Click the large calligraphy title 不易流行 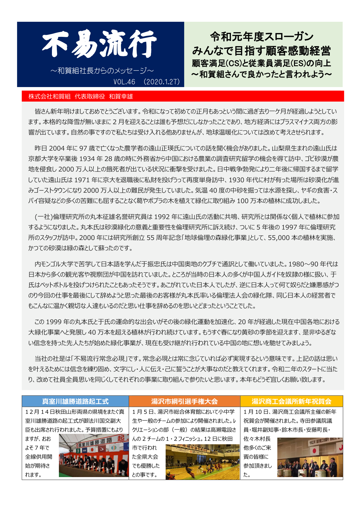pyautogui.click(x=100, y=45)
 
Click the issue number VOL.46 pyautogui.click(x=124, y=82)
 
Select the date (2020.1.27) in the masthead pyautogui.click(x=162, y=82)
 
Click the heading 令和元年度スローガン pyautogui.click(x=262, y=37)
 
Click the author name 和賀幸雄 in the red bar pyautogui.click(x=121, y=97)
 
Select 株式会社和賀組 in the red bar pyautogui.click(x=49, y=97)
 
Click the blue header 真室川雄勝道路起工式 pyautogui.click(x=75, y=401)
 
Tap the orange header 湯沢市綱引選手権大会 pyautogui.click(x=184, y=401)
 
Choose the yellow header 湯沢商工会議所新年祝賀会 pyautogui.click(x=291, y=401)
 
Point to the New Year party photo pyautogui.click(x=310, y=458)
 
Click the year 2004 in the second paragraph pyautogui.click(x=57, y=148)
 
